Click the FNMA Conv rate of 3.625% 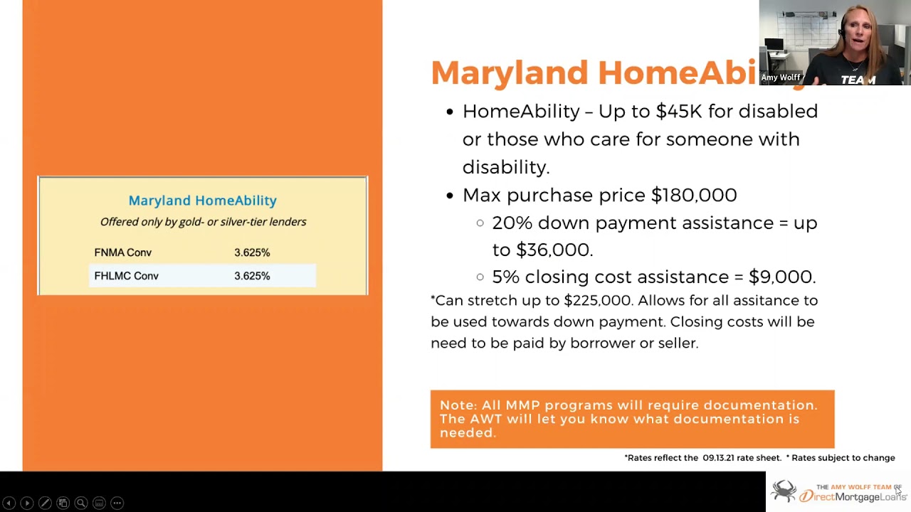coord(252,252)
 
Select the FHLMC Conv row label coord(126,276)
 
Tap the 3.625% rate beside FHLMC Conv coord(252,276)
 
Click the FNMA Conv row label coord(122,252)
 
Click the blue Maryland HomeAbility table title coord(202,201)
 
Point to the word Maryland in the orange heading coord(509,73)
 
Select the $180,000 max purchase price coord(694,195)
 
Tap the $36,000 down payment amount coord(554,250)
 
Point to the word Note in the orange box coord(456,405)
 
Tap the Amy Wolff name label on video coord(780,78)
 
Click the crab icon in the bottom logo coord(784,491)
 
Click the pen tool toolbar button coord(45,503)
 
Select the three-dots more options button coord(117,503)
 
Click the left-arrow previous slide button coord(9,503)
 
